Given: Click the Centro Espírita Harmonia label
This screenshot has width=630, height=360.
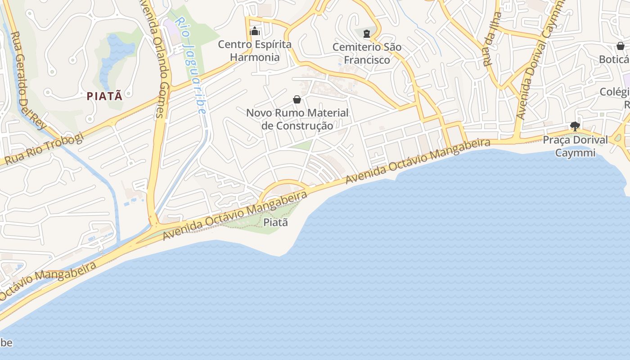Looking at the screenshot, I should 255,51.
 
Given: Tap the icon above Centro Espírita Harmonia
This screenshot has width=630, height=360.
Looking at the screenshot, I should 255,31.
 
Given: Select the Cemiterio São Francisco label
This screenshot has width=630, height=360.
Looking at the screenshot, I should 367,53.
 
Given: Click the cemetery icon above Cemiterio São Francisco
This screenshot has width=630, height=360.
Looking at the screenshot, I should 367,33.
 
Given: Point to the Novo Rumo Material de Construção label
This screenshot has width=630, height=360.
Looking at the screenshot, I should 297,119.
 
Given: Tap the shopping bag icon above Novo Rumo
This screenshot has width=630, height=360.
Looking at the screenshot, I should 297,99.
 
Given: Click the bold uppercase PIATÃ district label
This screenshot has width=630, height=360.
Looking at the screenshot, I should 104,96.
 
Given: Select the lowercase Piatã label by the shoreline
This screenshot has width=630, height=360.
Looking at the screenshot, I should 275,222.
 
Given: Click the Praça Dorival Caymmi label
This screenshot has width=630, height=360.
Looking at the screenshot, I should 575,146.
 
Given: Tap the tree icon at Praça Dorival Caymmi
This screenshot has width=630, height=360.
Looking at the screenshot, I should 575,126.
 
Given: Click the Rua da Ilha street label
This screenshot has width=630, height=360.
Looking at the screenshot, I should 492,40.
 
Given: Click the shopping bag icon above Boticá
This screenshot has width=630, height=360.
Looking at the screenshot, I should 620,46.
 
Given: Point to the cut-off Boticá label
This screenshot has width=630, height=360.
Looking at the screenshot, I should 614,59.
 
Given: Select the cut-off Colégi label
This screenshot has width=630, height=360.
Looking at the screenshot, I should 615,93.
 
